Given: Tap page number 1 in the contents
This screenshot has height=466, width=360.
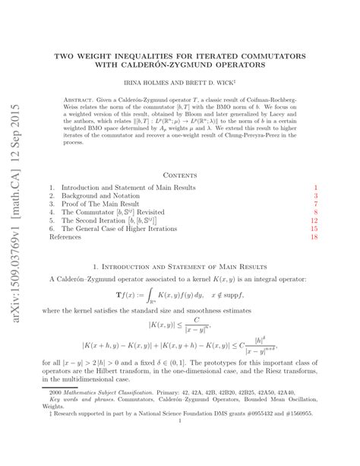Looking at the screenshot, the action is [x=315, y=187].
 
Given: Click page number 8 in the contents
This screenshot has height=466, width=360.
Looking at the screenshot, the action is [x=315, y=214].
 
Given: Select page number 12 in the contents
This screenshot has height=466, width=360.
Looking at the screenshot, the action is [x=314, y=224].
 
